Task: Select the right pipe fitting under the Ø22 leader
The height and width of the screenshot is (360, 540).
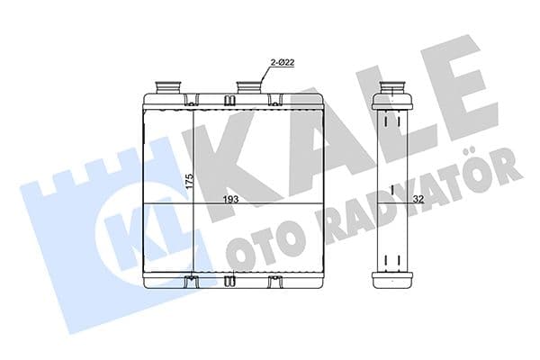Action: click(248, 87)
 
